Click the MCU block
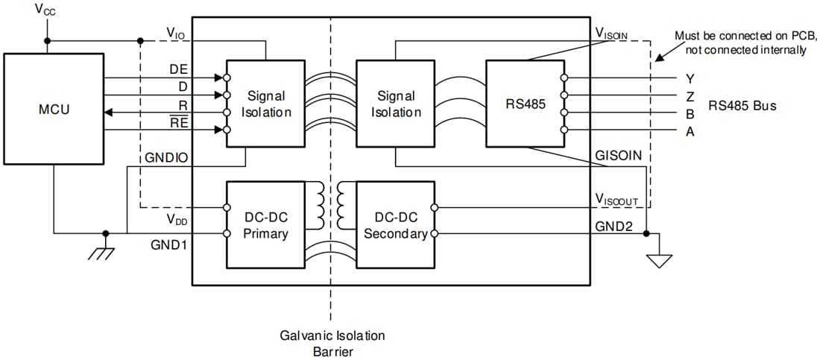click(x=53, y=110)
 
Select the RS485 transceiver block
click(x=526, y=104)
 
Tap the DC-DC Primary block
click(x=265, y=225)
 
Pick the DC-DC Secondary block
click(x=395, y=225)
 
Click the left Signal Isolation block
click(x=265, y=104)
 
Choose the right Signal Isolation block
click(x=395, y=104)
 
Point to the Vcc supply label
click(x=45, y=11)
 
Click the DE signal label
click(x=178, y=69)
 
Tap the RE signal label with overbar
click(x=178, y=122)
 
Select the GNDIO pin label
click(x=163, y=158)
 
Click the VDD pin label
click(x=177, y=218)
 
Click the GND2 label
click(x=614, y=226)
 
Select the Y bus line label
click(x=690, y=78)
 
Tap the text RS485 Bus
click(x=742, y=105)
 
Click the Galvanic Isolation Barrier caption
click(x=331, y=343)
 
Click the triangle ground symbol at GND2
click(x=660, y=261)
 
